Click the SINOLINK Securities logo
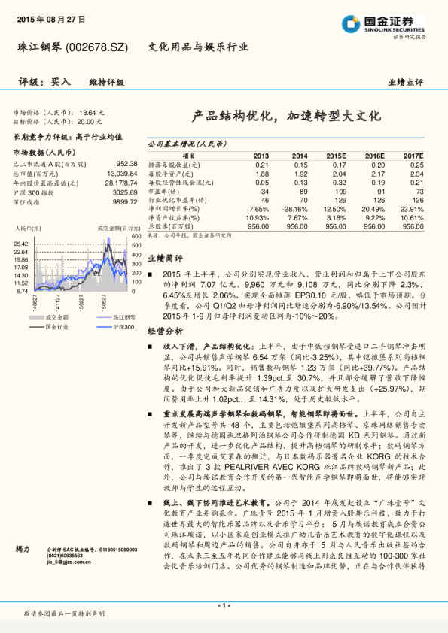tap(392, 22)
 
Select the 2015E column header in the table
tap(335, 155)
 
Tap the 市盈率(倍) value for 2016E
tap(374, 191)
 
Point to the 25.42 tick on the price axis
tap(20, 244)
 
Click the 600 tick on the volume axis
tap(137, 236)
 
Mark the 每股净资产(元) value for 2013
tap(261, 173)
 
